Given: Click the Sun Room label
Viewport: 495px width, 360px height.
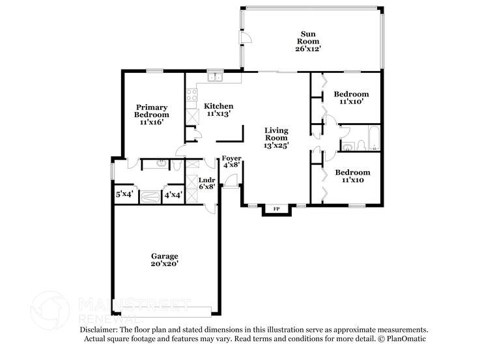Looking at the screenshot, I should tap(309, 40).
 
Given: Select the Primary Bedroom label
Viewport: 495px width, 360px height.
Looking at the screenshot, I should tap(151, 115).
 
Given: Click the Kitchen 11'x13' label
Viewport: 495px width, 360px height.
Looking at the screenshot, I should tap(218, 109).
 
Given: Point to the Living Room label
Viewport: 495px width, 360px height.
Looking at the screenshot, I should tap(276, 138).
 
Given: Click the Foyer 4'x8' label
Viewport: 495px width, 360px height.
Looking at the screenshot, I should tap(232, 161).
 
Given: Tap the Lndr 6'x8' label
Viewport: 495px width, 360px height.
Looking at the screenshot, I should tap(206, 182).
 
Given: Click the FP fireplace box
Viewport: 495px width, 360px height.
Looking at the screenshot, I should tap(276, 209).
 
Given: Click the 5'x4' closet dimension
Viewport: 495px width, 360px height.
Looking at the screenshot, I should tap(124, 195).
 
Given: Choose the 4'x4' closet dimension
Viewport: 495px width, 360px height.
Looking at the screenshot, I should tap(172, 195).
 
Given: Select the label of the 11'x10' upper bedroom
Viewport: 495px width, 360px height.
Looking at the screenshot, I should tap(351, 98).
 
